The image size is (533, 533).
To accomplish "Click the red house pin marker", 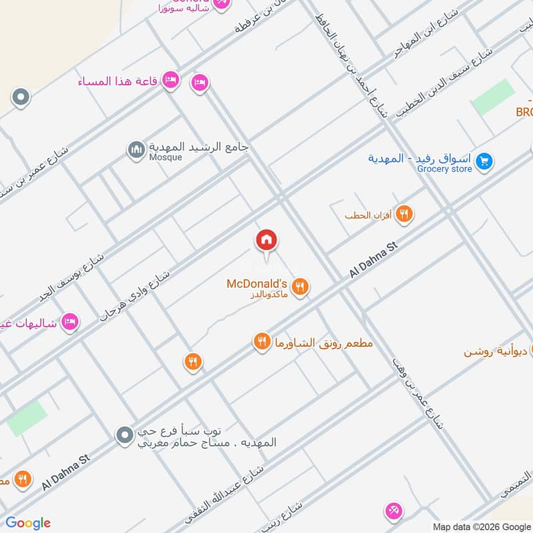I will coord(266,241).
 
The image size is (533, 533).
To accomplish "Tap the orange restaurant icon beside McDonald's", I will coord(300,286).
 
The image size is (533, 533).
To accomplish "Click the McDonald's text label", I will coord(257,284).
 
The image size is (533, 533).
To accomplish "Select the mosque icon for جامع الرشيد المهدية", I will coord(137,150).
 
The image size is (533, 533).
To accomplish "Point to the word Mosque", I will coord(165,158).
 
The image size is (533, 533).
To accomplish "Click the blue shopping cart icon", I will coord(484,160).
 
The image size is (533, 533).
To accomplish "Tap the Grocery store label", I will coord(444,169).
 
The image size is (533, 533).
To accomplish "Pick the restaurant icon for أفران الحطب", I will coord(404,215).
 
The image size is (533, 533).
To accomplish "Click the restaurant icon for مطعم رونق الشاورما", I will coord(261,342).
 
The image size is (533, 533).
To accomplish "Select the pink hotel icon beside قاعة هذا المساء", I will coord(171,80).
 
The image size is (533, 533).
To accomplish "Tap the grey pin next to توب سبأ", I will coord(123,436).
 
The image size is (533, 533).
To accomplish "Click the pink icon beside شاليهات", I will coord(69,322).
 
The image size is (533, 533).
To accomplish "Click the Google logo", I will coord(28,523).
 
